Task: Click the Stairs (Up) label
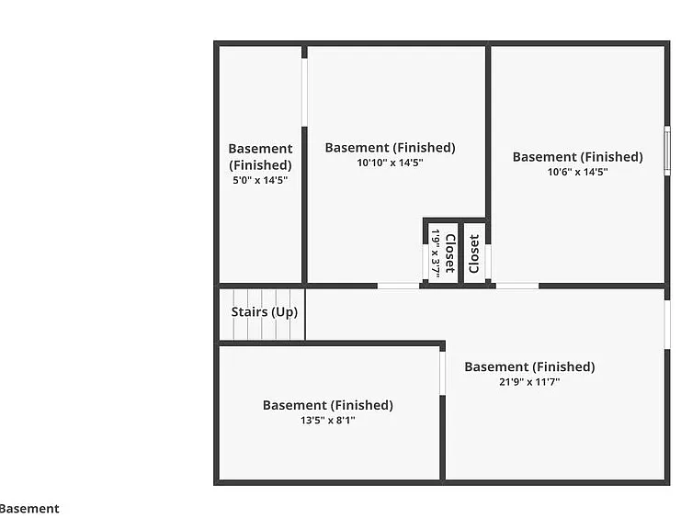[265, 312]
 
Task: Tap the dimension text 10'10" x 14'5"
[391, 163]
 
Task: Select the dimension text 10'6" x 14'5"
[578, 172]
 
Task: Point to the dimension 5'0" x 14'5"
[260, 180]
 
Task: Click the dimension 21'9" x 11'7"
[529, 382]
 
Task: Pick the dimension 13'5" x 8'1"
[328, 421]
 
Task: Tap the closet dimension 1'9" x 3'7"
[436, 253]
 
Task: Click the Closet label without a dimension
[474, 254]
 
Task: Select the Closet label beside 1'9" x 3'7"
[449, 253]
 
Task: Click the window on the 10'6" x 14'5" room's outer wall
[667, 151]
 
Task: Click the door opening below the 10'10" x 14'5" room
[398, 286]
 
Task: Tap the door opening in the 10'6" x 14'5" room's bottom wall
[517, 286]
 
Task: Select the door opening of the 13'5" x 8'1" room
[442, 373]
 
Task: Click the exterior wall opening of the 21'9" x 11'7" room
[667, 325]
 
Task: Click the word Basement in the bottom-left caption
[29, 509]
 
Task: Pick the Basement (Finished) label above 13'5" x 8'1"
[328, 405]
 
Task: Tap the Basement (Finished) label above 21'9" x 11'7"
[529, 366]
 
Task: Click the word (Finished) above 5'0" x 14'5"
[260, 165]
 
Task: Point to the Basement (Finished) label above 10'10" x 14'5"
[391, 147]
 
